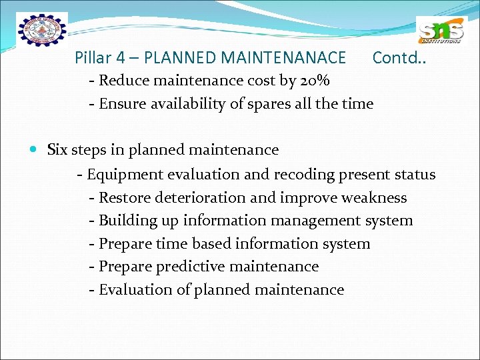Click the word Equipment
coord(127,175)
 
